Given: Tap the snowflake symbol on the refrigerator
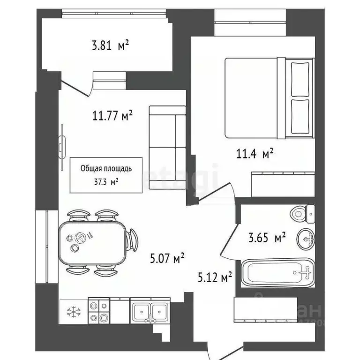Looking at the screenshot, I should coord(73,311).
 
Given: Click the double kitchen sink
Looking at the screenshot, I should coord(150,311).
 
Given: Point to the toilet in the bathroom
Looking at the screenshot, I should coord(303,215).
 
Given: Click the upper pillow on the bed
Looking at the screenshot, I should coord(300,77).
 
